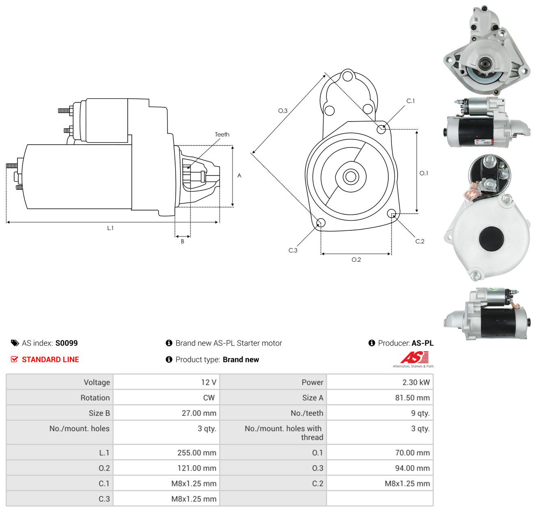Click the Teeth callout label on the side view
pos(222,135)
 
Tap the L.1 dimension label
pos(110,228)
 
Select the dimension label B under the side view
pos(182,241)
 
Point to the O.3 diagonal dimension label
pos(283,111)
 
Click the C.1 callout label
pos(410,101)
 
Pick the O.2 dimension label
pos(356,259)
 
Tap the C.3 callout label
pos(293,250)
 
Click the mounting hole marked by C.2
pos(391,213)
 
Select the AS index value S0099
pos(67,343)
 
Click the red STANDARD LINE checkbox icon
pos(14,359)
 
